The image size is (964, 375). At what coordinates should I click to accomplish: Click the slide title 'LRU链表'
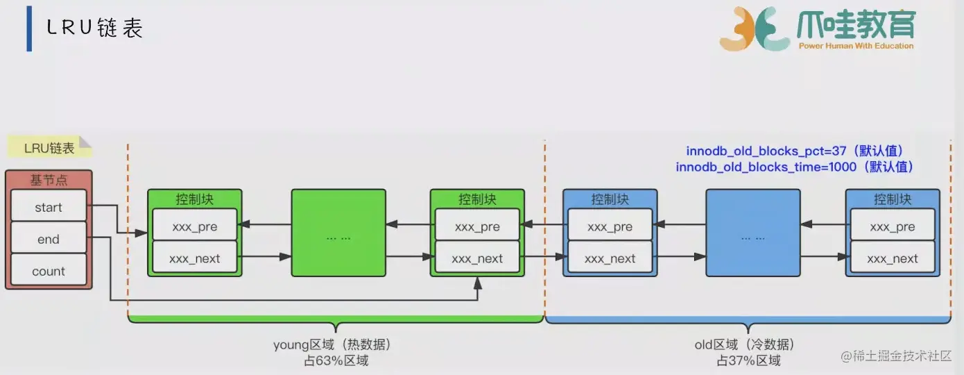coord(94,28)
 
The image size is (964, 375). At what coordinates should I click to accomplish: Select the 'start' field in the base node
coord(49,208)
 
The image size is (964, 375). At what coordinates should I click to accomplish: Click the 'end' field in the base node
coord(49,240)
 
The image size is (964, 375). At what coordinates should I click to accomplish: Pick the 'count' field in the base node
coord(49,272)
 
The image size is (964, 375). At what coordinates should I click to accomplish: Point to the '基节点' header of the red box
coord(49,180)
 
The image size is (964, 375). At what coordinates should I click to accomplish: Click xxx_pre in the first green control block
coord(195,227)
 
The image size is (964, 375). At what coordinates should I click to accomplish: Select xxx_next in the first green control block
coord(195,259)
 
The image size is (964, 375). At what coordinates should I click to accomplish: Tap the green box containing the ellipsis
coord(338,237)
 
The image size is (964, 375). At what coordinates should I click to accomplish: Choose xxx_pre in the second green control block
coord(477,227)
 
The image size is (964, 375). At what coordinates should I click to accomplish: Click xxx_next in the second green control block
coord(477,259)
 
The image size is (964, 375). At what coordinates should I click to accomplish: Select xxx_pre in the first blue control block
coord(610,227)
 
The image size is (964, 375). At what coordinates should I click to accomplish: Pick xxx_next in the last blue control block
coord(892,259)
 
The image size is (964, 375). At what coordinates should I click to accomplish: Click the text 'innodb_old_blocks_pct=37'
coord(762,151)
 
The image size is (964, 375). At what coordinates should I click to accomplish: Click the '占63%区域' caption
coord(336,360)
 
